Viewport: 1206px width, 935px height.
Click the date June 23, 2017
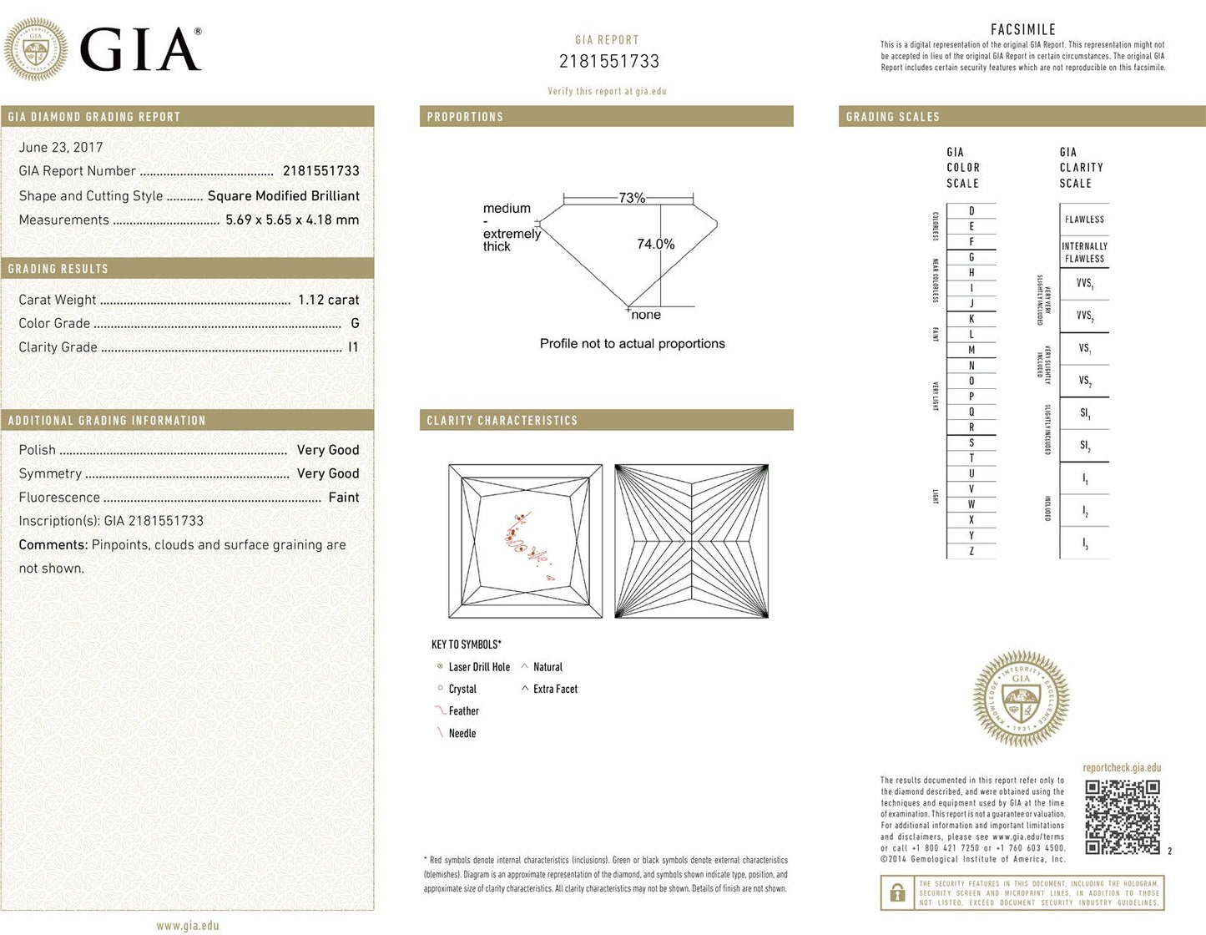pos(61,148)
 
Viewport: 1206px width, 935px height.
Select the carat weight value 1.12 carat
pos(328,300)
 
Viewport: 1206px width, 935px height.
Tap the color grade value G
pos(355,323)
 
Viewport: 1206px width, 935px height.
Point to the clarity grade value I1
pos(353,347)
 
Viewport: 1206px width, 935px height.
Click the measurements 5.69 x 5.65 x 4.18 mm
pos(292,220)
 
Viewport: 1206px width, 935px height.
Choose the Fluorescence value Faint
pos(343,498)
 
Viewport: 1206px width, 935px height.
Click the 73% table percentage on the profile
pos(632,198)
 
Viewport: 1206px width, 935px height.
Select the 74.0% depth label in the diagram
pos(655,244)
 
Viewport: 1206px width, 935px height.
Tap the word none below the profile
pos(646,315)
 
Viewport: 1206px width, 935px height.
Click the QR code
pos(1123,817)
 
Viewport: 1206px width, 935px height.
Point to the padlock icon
pos(897,892)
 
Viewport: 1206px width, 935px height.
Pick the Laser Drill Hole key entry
pos(478,667)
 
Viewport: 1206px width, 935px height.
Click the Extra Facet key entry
pos(555,689)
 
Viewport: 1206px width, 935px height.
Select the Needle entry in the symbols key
pos(462,733)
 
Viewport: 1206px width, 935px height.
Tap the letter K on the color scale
pos(971,319)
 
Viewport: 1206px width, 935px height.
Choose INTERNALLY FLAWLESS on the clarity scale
pos(1084,252)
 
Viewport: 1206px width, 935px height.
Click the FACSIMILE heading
pos(1023,30)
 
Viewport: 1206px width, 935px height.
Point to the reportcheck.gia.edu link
pos(1122,768)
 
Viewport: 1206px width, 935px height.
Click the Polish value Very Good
pos(328,450)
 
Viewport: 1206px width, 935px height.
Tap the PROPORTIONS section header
pos(465,117)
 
